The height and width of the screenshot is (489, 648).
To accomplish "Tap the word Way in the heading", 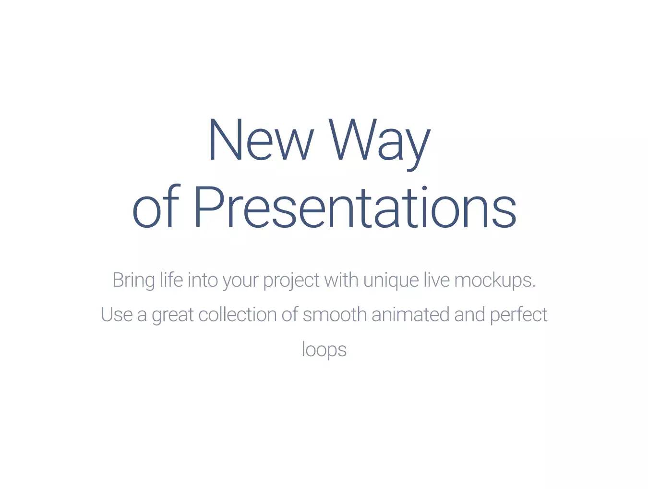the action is (x=380, y=144).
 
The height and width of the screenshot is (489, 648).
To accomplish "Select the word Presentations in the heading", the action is (x=355, y=207).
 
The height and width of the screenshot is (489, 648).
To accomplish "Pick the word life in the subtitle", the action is (x=171, y=279).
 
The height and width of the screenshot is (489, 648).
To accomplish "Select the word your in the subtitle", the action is (x=240, y=282).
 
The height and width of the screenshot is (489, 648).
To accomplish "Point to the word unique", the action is (x=391, y=281).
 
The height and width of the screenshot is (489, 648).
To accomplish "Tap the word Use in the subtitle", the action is (x=117, y=314).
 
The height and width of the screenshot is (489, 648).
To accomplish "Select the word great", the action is (x=173, y=316).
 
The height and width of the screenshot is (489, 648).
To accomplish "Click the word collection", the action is (x=237, y=314).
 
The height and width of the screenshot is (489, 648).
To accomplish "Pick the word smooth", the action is (x=335, y=314).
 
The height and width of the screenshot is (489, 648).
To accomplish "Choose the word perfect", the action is (x=519, y=315).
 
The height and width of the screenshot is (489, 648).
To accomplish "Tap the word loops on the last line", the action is (x=324, y=350).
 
